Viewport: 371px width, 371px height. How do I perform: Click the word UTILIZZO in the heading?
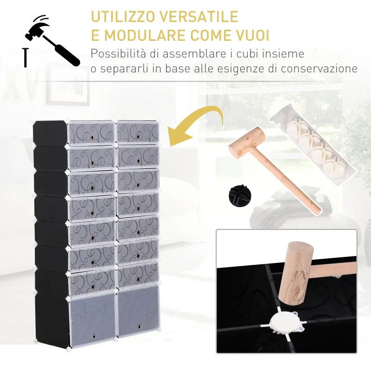tap(123, 17)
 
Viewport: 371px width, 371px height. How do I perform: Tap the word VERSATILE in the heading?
tap(198, 17)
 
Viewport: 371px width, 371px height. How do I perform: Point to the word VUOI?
tap(252, 35)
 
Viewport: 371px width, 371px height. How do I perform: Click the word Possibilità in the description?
tap(118, 53)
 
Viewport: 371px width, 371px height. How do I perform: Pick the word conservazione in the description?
tap(319, 69)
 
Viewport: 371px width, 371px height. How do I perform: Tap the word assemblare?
tap(194, 53)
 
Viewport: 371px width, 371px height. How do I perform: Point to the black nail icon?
tap(26, 58)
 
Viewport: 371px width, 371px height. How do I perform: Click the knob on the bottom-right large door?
tap(139, 327)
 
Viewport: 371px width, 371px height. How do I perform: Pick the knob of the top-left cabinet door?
tap(92, 137)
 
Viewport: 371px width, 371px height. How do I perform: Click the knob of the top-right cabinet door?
tap(137, 136)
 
